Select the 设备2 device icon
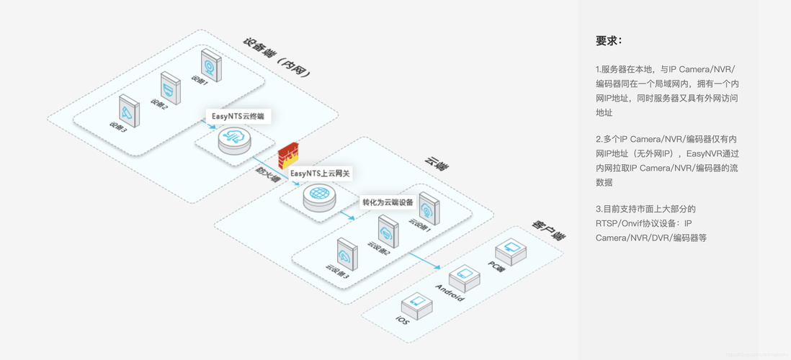(170, 88)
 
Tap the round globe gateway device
(319, 197)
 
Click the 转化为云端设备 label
(388, 202)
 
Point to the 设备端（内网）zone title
(277, 58)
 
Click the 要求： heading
(609, 41)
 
